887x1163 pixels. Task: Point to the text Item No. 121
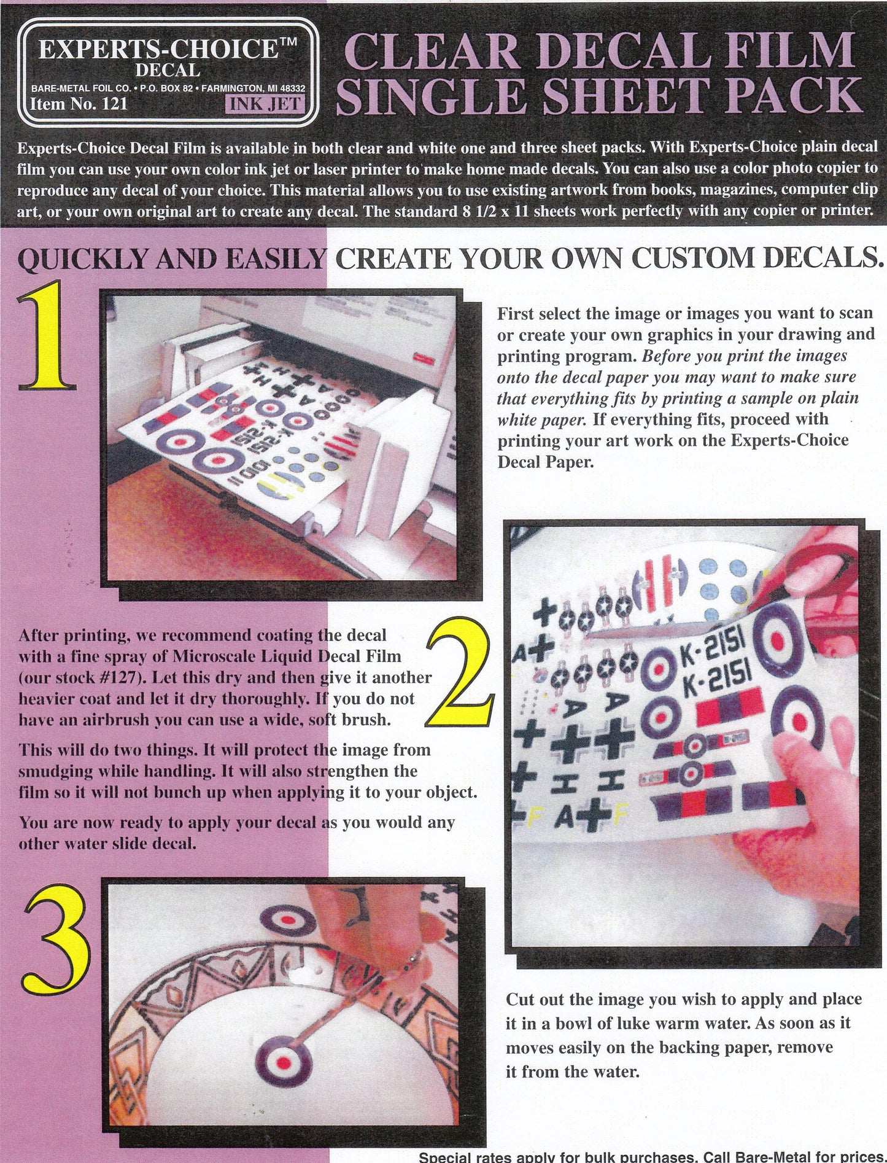[x=79, y=104]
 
